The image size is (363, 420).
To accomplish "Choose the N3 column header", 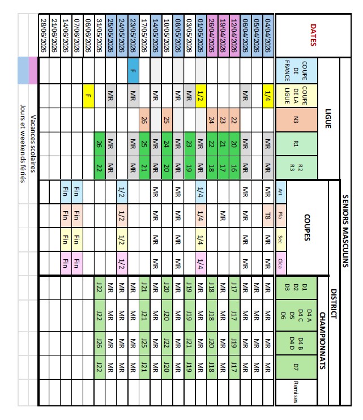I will (297, 119).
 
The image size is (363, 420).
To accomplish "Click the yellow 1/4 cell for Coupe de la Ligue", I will (267, 95).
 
